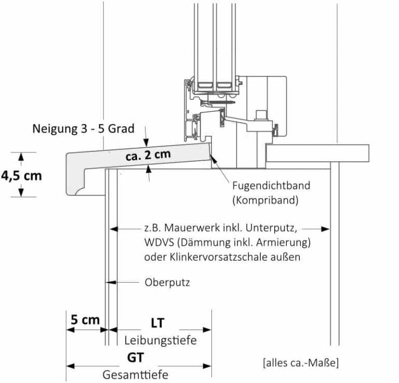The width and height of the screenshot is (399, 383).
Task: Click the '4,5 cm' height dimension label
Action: pyautogui.click(x=21, y=175)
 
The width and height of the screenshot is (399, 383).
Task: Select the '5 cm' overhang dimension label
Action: pyautogui.click(x=85, y=320)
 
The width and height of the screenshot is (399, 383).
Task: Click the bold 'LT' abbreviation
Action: pyautogui.click(x=157, y=323)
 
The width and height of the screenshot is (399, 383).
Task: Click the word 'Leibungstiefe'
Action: pyautogui.click(x=160, y=341)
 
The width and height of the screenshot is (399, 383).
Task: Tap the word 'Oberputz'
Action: pyautogui.click(x=167, y=283)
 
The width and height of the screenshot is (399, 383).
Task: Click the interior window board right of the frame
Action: pyautogui.click(x=317, y=153)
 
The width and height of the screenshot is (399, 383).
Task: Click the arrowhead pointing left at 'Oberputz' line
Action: pyautogui.click(x=110, y=283)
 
